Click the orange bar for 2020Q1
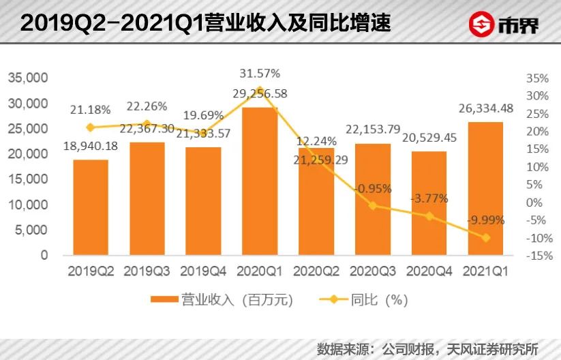point(260,181)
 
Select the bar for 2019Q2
point(91,207)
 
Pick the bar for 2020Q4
point(429,203)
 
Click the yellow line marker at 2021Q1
point(486,238)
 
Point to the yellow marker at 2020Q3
point(372,205)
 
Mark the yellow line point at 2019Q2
point(91,127)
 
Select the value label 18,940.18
point(91,145)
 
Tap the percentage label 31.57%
point(260,72)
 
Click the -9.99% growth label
point(486,220)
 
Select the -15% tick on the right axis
point(539,256)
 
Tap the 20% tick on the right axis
point(538,131)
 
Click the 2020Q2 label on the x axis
point(316,271)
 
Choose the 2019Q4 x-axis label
point(203,271)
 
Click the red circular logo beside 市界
point(485,26)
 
